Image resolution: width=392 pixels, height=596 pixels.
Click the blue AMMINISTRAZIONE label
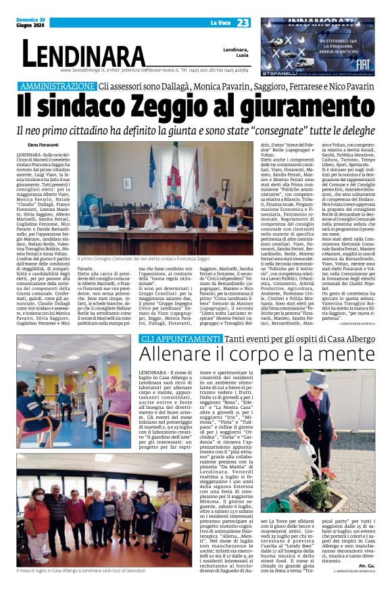click(57, 86)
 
